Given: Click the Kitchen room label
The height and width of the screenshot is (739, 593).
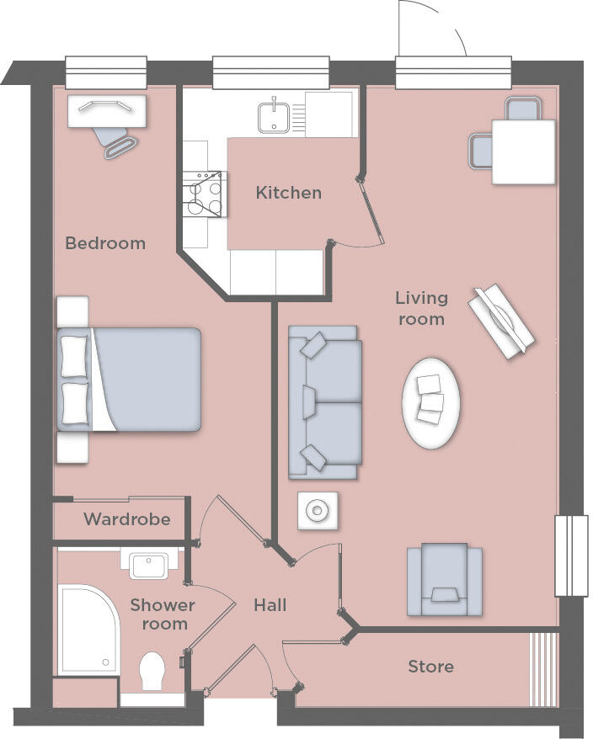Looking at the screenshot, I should pos(288,193).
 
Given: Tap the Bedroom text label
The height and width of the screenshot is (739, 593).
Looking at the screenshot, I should pos(105,243).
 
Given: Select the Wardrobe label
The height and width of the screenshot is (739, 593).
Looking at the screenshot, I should pos(126,519).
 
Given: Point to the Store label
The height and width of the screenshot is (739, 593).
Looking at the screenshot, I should pos(430,667).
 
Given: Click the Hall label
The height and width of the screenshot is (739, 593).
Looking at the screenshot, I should pos(270,605).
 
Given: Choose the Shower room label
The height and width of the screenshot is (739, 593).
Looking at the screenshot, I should pos(163,614).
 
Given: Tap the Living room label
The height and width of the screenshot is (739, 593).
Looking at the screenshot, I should pos(421,308).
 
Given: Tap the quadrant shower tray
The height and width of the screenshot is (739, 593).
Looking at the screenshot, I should pos(87,630).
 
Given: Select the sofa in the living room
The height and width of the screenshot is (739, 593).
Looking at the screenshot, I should pos(325,403).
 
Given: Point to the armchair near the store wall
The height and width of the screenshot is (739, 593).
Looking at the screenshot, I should pos(444,580).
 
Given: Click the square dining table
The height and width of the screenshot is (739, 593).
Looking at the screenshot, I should pos(523,152).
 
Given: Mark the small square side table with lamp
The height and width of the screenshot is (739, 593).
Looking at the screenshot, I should pos(318,510).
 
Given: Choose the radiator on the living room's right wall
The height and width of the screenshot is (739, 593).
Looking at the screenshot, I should pos(570,556).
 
